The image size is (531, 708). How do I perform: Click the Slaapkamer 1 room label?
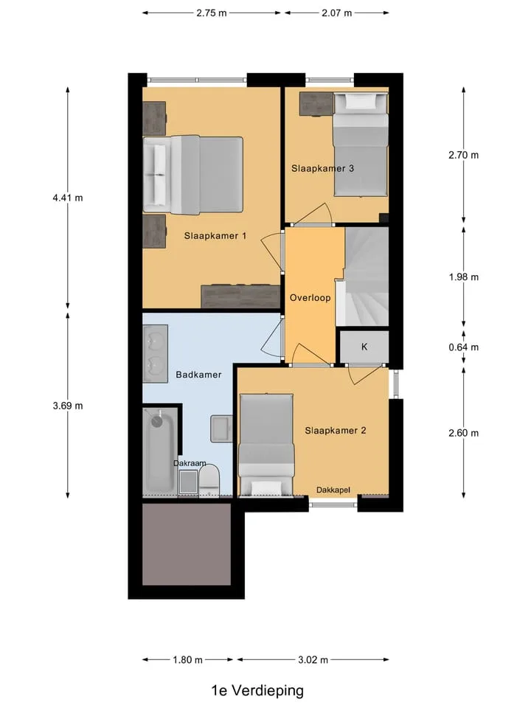(x=215, y=236)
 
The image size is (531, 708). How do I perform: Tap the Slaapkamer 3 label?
(x=322, y=168)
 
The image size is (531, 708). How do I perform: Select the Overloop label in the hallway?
(x=310, y=297)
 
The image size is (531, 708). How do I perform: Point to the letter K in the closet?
(x=364, y=347)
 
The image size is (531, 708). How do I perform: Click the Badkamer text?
(x=198, y=375)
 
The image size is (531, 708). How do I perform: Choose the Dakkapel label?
(x=333, y=490)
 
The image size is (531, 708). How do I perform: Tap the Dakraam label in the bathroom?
(x=190, y=463)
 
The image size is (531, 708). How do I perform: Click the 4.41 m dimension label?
(x=68, y=198)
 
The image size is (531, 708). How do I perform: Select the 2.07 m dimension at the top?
(x=337, y=13)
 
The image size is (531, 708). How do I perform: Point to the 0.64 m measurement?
(x=464, y=347)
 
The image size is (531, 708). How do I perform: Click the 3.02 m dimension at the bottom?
(x=313, y=659)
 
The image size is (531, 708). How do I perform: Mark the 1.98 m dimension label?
(x=464, y=277)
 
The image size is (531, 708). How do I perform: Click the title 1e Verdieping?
(x=257, y=690)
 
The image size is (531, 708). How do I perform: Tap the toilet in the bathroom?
(x=209, y=482)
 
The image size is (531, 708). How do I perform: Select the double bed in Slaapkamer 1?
(x=193, y=175)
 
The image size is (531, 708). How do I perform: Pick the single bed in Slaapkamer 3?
(x=361, y=145)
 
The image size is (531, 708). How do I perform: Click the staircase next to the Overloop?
(x=363, y=277)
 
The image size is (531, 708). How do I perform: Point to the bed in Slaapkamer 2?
(x=266, y=445)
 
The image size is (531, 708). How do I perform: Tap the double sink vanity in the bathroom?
(x=156, y=353)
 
